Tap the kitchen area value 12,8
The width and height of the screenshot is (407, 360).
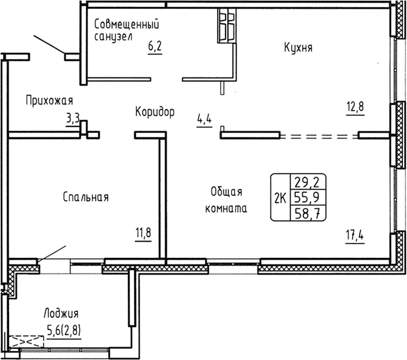(x=354, y=107)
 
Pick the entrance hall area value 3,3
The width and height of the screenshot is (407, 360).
(x=73, y=118)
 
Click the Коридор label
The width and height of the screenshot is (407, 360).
(x=155, y=112)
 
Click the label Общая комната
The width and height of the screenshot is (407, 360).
(x=226, y=200)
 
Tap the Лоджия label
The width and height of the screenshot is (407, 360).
(x=61, y=313)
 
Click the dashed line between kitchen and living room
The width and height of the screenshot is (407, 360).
(x=319, y=136)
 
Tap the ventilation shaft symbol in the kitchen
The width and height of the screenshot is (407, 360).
(x=226, y=26)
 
